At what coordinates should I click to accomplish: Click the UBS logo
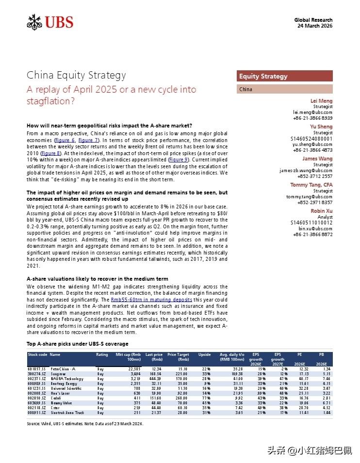[x=49, y=22]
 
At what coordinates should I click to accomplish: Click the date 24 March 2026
[x=315, y=26]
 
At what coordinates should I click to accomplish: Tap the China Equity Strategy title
[x=76, y=75]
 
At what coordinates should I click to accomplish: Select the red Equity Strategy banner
[x=284, y=76]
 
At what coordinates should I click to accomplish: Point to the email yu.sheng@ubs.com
[x=312, y=144]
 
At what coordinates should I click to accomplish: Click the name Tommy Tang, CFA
[x=311, y=185]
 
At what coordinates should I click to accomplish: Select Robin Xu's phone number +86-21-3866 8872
[x=312, y=235]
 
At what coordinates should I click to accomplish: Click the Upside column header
[x=204, y=354]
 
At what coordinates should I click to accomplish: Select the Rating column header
[x=102, y=354]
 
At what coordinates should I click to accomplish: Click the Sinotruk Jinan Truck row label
[x=68, y=412]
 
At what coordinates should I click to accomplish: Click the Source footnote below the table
[x=85, y=423]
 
